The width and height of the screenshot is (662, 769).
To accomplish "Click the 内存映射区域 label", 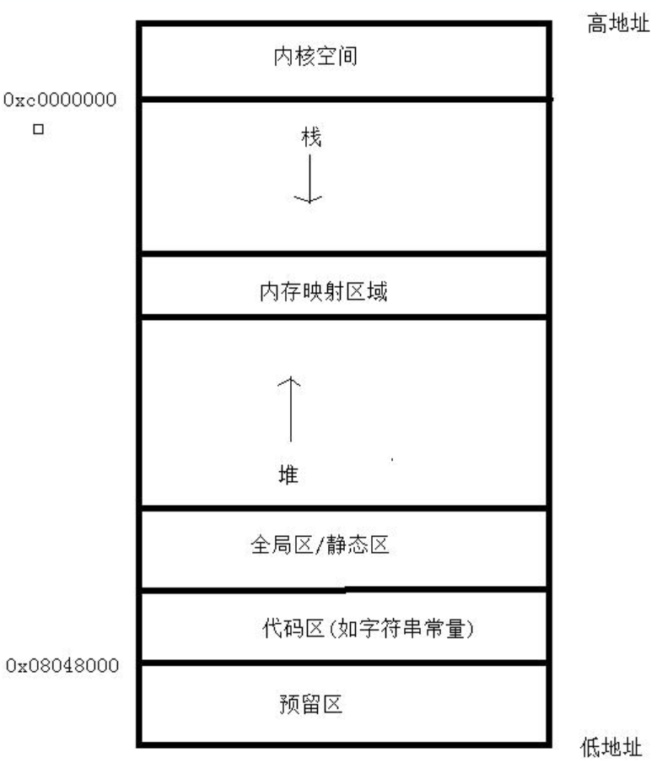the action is point(324,292).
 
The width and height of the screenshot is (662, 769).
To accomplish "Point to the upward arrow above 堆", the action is point(290,409).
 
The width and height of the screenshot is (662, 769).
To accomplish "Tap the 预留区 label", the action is point(310,703).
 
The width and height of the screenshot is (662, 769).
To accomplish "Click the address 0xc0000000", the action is point(59,101).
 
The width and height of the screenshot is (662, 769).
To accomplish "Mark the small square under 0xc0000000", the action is point(37,132).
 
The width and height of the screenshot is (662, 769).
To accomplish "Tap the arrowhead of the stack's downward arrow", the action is point(309,198).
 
